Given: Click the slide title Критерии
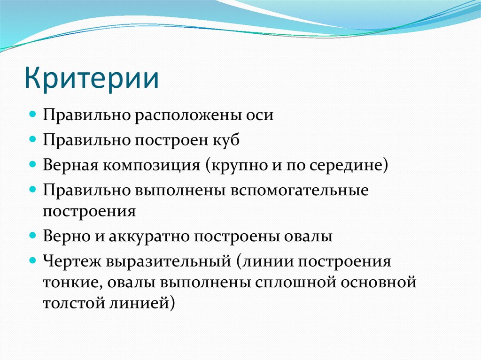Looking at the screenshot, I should [x=92, y=79].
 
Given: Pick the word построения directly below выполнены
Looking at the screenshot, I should [x=89, y=211].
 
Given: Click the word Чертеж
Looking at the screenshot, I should [x=71, y=261].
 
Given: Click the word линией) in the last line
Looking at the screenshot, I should [x=144, y=303].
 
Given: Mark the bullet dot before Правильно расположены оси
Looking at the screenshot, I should [x=32, y=115].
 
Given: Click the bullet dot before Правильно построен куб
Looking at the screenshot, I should [x=32, y=140].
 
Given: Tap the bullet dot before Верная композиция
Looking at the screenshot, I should [x=32, y=165].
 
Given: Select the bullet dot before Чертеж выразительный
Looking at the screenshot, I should [x=32, y=260].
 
